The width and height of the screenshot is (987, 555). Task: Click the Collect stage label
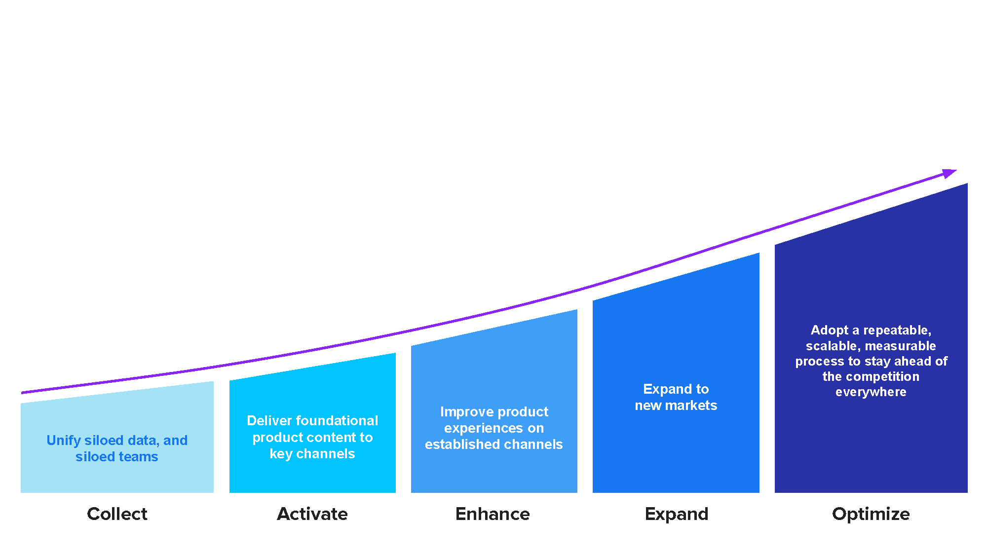117,514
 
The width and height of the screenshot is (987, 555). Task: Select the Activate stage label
312,514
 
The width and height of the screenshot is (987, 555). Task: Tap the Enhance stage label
493,514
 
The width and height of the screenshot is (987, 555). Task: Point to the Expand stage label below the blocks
677,515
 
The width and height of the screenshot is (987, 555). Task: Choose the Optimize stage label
871,515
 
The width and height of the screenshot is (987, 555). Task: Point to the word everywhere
871,392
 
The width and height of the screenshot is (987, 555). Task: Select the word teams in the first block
138,457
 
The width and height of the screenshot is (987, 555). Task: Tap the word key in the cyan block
281,454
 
